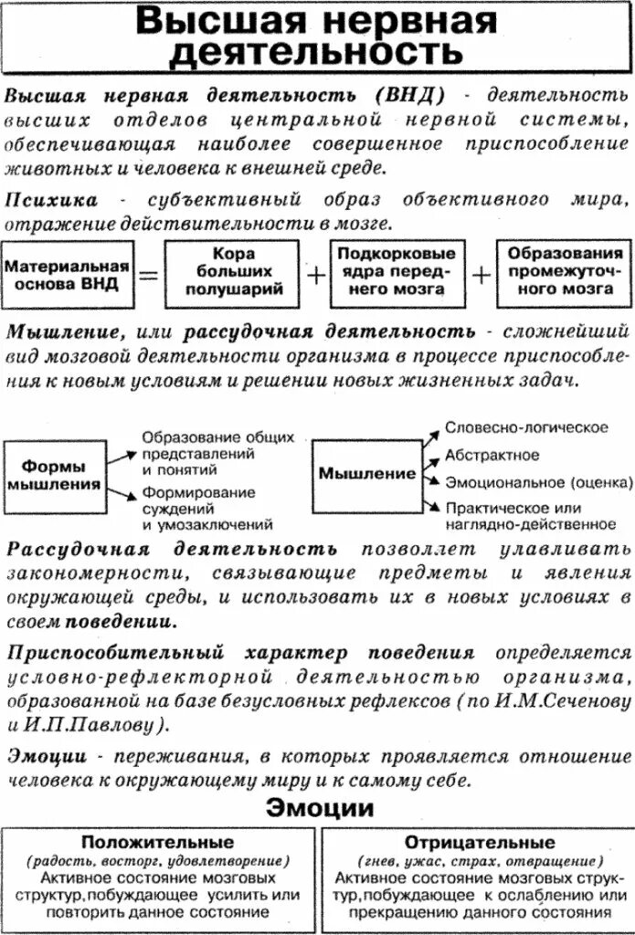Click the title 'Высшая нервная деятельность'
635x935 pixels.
click(x=317, y=37)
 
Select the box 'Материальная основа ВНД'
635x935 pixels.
click(x=67, y=274)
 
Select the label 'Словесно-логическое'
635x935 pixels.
click(x=527, y=427)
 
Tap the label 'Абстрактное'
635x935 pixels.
click(x=492, y=455)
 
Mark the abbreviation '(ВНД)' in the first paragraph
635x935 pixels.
click(x=408, y=96)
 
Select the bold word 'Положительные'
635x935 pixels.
click(x=158, y=842)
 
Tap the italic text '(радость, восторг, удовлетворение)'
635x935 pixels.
click(x=158, y=860)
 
